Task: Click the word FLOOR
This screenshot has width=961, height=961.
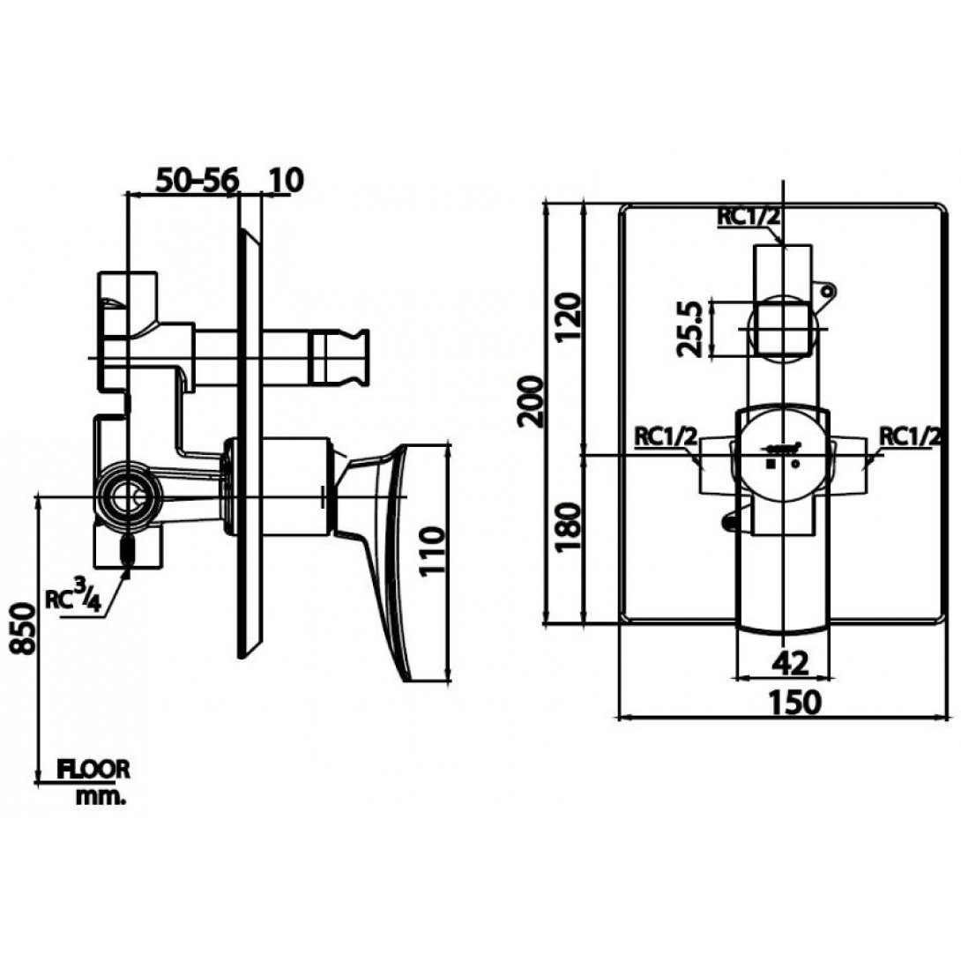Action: click(93, 769)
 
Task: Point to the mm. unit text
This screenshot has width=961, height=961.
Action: click(101, 797)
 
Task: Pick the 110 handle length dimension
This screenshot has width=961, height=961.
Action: click(433, 550)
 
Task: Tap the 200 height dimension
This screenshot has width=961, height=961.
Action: click(531, 401)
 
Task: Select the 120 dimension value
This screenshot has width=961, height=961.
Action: click(568, 318)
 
